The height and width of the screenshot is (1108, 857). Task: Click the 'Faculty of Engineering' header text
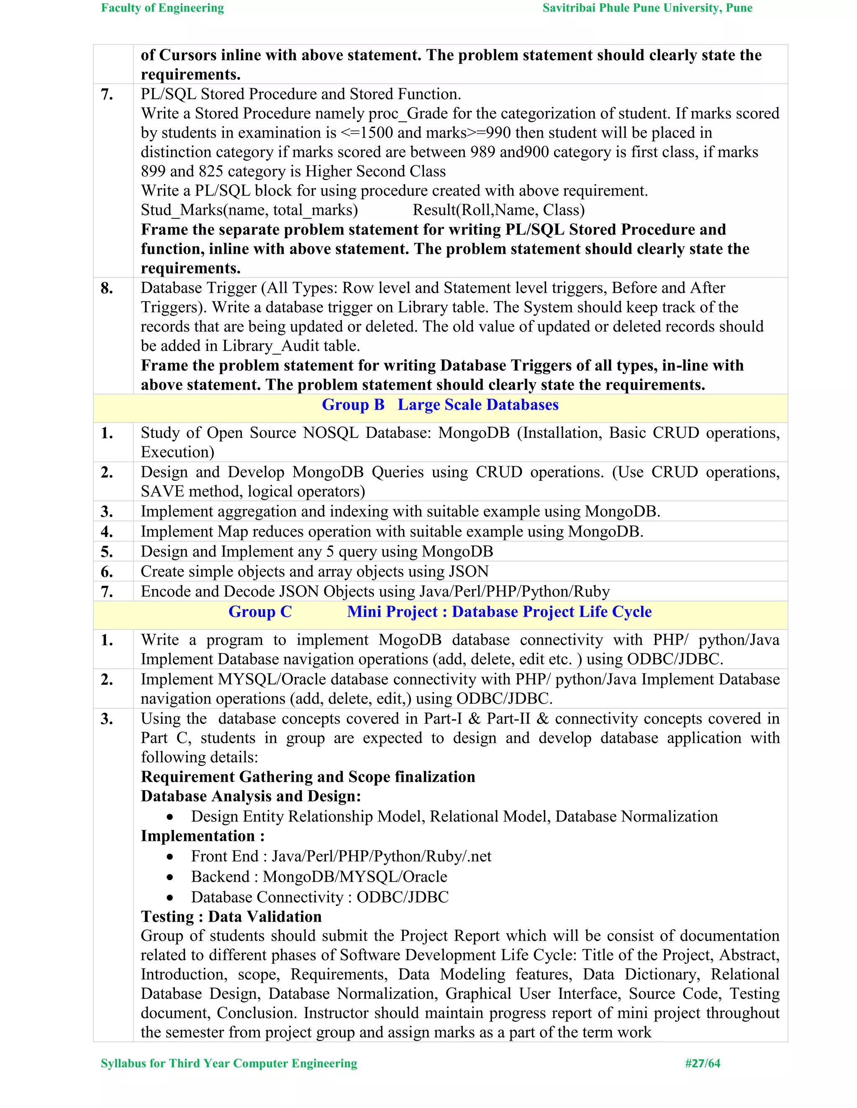162,8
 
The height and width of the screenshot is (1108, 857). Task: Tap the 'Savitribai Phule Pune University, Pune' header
647,8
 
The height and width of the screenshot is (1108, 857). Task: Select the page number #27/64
702,1063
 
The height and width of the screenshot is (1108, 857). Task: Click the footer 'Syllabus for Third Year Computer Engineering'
228,1063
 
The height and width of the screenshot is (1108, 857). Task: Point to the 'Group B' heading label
353,405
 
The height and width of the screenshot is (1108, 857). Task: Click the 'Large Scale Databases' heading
478,405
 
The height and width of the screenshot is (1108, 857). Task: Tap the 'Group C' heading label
260,612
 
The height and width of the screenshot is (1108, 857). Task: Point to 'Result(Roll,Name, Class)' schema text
498,210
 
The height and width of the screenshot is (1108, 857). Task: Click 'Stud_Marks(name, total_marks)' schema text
249,210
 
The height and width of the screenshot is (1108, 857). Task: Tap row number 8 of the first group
107,288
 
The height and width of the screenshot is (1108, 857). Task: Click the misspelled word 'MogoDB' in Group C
410,640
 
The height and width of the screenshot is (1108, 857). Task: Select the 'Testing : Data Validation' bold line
231,917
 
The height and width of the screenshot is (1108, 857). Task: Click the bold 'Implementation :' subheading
203,836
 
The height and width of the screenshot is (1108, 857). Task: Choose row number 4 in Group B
107,532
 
